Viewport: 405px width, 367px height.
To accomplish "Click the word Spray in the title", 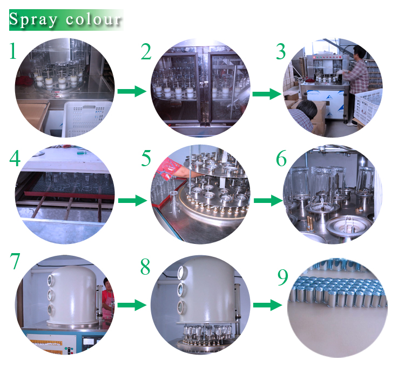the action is click(x=33, y=19).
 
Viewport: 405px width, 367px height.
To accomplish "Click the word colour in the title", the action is click(x=93, y=19).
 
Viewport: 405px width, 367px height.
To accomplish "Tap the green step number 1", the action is click(x=12, y=51).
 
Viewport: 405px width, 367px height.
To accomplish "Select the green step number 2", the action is click(x=146, y=51).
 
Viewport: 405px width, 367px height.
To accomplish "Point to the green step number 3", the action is click(x=281, y=51).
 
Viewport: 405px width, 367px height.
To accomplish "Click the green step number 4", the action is click(x=15, y=158).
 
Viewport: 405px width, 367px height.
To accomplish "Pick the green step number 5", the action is click(x=146, y=158).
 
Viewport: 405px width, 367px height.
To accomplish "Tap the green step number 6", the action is click(x=281, y=158).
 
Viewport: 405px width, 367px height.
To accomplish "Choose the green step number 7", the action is click(x=15, y=261).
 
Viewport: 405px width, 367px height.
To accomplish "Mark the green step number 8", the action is click(x=145, y=267).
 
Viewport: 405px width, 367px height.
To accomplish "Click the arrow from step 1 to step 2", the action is click(x=132, y=91).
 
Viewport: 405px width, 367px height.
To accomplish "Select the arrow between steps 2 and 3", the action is click(x=267, y=94).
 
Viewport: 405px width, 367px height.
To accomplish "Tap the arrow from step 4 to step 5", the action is click(x=132, y=201).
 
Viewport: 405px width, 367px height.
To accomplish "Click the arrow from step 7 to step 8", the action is click(x=132, y=305).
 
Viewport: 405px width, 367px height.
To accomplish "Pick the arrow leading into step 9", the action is click(x=268, y=305).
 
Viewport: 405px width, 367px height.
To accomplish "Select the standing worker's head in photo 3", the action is click(x=359, y=52).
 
